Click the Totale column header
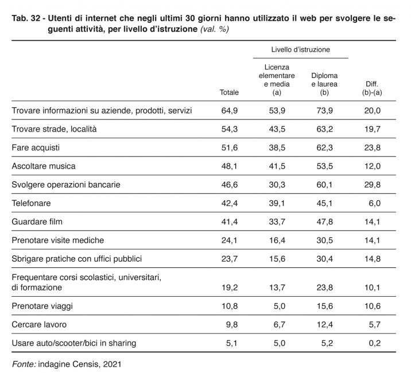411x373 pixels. click(229, 92)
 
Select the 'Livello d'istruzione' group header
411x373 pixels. click(300, 49)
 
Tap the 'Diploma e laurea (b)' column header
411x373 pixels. click(324, 84)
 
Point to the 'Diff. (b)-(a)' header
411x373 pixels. click(372, 88)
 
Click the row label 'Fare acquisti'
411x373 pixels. click(36, 147)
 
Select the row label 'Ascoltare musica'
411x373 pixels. click(44, 166)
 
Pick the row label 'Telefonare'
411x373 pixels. click(31, 203)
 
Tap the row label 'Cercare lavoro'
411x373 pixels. click(39, 324)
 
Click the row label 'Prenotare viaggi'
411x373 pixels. click(42, 306)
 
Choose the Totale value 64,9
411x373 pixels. click(230, 111)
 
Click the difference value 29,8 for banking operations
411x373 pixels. click(372, 185)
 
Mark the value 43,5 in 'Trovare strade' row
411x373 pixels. click(277, 129)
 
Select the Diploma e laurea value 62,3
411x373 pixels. click(324, 147)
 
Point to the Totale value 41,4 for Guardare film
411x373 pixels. click(230, 222)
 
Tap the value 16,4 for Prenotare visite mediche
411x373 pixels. click(277, 240)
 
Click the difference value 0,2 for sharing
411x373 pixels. click(375, 343)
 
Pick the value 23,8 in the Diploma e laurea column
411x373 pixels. click(324, 287)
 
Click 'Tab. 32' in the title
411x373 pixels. click(26, 18)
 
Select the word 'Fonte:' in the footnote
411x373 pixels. click(24, 364)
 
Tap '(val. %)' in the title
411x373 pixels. click(215, 29)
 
